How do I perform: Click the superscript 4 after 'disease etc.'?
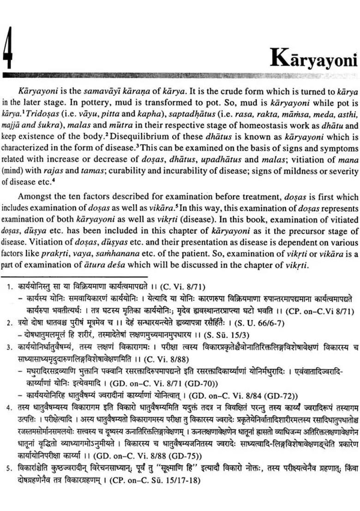(54, 180)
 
